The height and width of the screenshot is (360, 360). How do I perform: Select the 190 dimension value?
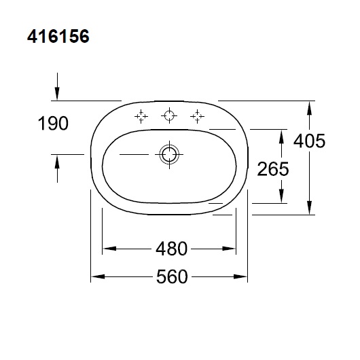[54, 124]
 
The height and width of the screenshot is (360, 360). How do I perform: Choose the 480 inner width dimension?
[170, 249]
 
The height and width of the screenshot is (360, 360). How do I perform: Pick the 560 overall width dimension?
[170, 276]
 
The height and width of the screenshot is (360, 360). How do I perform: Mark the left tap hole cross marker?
[141, 116]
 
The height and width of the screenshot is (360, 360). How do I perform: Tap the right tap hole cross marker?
[198, 116]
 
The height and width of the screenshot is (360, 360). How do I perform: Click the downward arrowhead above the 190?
[58, 95]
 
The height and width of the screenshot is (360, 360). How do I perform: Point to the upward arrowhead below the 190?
[58, 160]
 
